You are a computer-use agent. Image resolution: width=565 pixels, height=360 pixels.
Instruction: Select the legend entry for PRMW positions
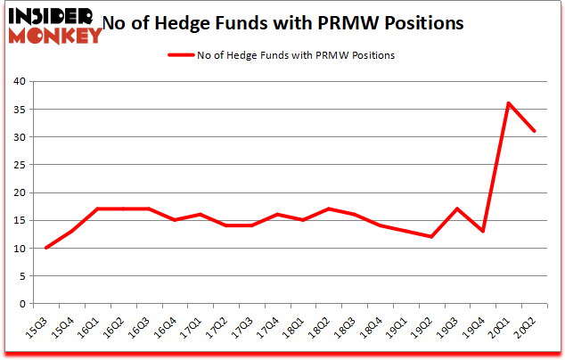(x=281, y=55)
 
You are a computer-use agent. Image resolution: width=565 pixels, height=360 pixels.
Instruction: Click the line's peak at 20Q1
(x=508, y=103)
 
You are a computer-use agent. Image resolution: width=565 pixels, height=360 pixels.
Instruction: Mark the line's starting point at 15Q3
(x=46, y=248)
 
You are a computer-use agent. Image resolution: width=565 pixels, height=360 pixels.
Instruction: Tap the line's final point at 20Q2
(x=534, y=131)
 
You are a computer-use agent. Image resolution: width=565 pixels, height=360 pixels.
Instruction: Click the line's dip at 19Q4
(x=482, y=232)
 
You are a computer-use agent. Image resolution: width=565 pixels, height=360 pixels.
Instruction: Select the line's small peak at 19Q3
(x=457, y=209)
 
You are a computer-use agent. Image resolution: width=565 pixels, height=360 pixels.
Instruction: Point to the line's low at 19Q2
(x=431, y=237)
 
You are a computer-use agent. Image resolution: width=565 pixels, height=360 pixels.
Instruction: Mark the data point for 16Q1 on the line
(x=98, y=209)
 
